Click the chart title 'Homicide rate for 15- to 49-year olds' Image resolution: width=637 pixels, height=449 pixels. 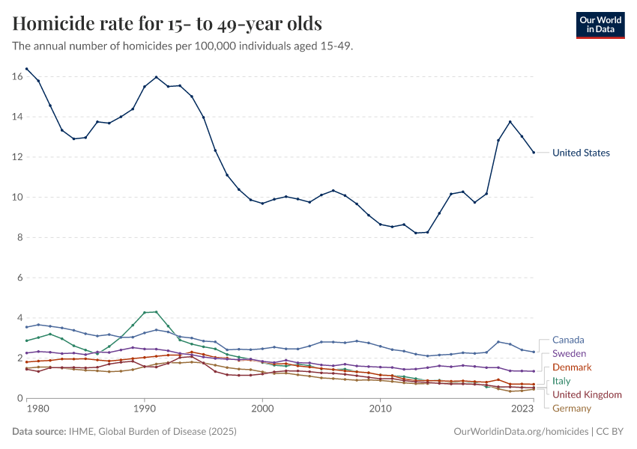pyautogui.click(x=167, y=24)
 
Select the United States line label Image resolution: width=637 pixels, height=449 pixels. pyautogui.click(x=581, y=153)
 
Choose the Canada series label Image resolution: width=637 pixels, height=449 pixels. pyautogui.click(x=568, y=340)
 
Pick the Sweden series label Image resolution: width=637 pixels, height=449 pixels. pyautogui.click(x=569, y=353)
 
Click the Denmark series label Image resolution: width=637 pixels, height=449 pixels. pyautogui.click(x=572, y=367)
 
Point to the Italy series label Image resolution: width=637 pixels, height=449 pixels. pyautogui.click(x=561, y=381)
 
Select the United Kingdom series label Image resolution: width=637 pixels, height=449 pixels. pyautogui.click(x=587, y=394)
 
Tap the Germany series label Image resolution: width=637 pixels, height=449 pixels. pyautogui.click(x=572, y=409)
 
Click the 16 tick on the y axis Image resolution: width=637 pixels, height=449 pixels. pyautogui.click(x=17, y=76)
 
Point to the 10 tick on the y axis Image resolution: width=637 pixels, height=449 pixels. pyautogui.click(x=17, y=198)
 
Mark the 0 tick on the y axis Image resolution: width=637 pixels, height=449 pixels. pyautogui.click(x=20, y=399)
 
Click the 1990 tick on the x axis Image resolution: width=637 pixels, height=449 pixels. pyautogui.click(x=145, y=410)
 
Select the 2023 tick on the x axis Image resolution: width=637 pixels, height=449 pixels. pyautogui.click(x=522, y=410)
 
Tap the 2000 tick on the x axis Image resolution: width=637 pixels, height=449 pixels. pyautogui.click(x=262, y=410)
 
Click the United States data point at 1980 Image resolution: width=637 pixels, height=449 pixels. pyautogui.click(x=38, y=80)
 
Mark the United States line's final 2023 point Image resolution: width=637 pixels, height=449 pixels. pyautogui.click(x=534, y=153)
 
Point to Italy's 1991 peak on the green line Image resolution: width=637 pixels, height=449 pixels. pyautogui.click(x=156, y=311)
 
